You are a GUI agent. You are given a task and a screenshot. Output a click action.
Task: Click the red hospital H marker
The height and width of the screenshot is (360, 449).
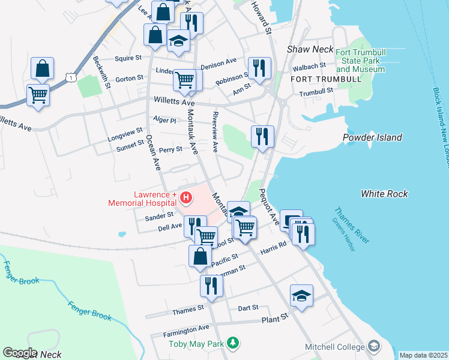(x=186, y=197)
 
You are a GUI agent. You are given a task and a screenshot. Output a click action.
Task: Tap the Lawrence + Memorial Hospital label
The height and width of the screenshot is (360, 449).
(x=142, y=199)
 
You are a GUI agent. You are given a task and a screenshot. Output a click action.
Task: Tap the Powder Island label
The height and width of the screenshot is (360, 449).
(x=372, y=137)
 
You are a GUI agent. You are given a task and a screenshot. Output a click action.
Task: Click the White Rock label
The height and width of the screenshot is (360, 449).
(x=384, y=194)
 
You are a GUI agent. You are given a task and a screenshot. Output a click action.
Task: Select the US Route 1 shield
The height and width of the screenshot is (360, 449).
(x=71, y=77)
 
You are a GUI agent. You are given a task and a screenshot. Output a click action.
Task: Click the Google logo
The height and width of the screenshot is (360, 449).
(x=20, y=352)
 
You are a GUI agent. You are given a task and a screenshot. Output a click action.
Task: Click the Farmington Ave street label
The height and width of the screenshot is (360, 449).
(x=187, y=331)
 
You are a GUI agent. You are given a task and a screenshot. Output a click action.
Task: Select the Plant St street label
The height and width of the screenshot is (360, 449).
(x=275, y=319)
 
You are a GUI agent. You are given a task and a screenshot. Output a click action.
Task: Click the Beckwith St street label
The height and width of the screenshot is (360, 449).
(x=101, y=72)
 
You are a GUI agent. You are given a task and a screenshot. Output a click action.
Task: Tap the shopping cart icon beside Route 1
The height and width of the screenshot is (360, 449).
(x=38, y=94)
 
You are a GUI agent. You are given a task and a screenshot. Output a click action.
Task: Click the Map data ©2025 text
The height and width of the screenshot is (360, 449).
(x=423, y=355)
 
